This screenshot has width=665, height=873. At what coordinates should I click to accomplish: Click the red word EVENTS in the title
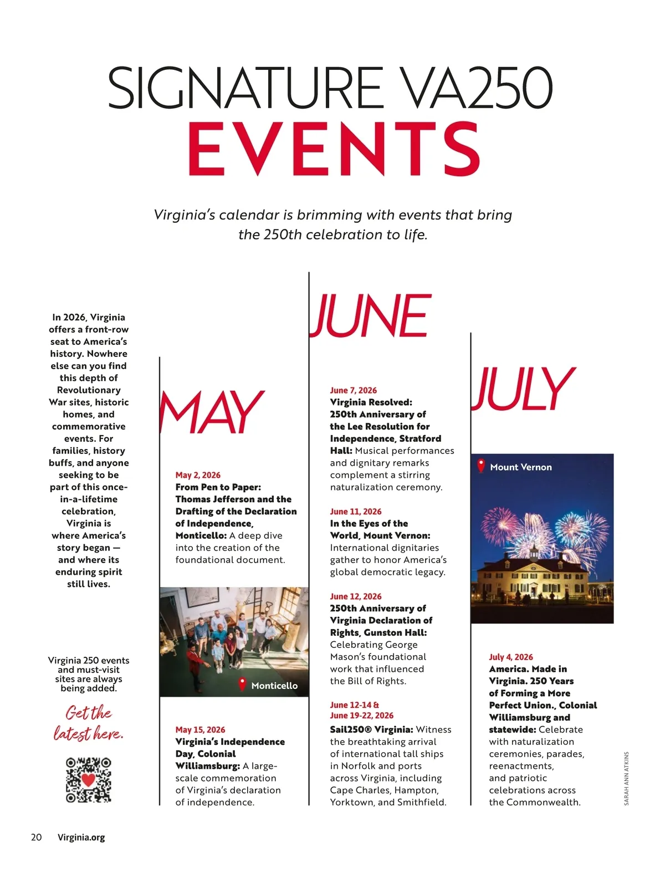pos(334,149)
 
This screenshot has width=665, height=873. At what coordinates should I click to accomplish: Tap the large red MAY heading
pos(212,412)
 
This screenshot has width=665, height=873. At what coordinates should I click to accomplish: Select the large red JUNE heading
pos(370,316)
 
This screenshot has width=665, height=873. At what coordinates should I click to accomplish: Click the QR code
pos(89,780)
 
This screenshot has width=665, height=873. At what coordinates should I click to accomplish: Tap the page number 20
pos(36,837)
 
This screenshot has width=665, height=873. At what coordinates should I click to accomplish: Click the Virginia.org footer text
pos(81,837)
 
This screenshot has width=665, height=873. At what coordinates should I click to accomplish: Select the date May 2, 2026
pos(198,475)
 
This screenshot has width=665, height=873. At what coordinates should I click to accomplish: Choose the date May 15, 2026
pos(200,729)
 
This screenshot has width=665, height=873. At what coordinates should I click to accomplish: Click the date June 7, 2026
pos(353,390)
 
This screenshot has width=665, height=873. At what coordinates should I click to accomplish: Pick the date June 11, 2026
pos(355,512)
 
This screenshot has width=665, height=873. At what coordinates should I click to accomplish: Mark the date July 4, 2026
pos(510,657)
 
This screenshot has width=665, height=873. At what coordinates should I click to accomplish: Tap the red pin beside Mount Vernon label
pos(481,466)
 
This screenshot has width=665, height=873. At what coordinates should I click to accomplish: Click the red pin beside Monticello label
pos(242,684)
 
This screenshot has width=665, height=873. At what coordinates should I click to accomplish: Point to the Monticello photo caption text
pos(274,686)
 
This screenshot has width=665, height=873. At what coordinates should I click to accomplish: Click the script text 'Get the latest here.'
pos(88,723)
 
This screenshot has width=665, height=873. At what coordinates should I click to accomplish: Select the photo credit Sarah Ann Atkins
pos(626,778)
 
